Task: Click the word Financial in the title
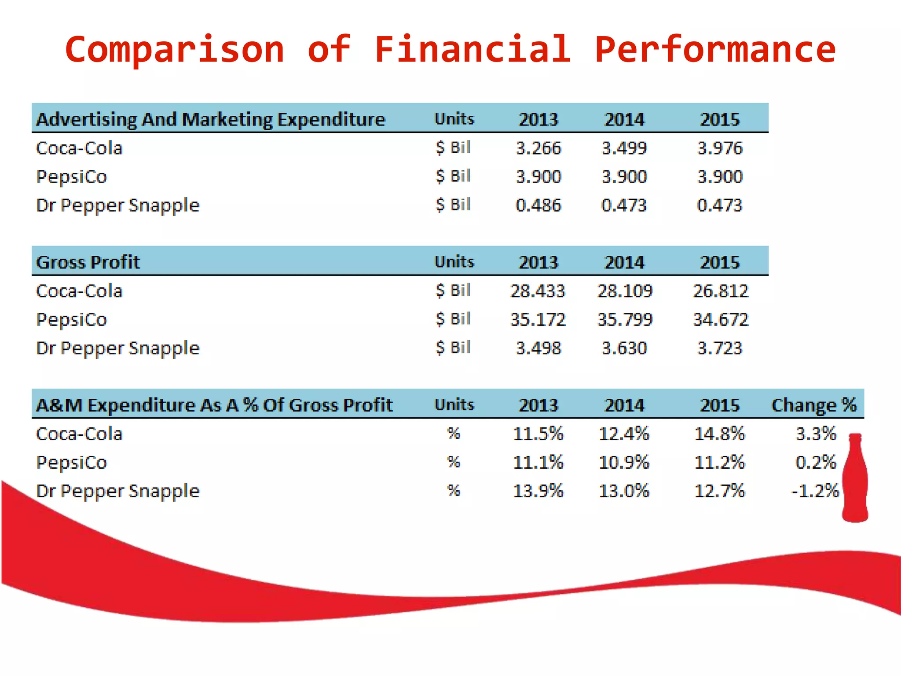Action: click(x=472, y=49)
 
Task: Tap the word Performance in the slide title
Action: click(x=715, y=49)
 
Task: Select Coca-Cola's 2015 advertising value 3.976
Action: click(x=720, y=148)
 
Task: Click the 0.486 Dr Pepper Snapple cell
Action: click(x=538, y=205)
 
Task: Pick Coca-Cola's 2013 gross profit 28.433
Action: click(x=537, y=291)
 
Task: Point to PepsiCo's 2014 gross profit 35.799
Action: click(x=624, y=320)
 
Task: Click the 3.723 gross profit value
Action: click(x=720, y=348)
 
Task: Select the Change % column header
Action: click(x=814, y=405)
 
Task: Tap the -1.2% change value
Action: click(x=815, y=491)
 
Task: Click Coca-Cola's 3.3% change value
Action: click(x=816, y=434)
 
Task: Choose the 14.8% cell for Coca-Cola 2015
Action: click(x=719, y=434)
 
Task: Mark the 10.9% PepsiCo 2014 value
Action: click(x=624, y=462)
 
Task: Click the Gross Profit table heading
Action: click(x=88, y=262)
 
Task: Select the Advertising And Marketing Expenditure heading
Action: click(x=210, y=119)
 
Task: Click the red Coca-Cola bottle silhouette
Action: click(x=855, y=480)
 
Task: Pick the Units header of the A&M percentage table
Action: click(x=454, y=405)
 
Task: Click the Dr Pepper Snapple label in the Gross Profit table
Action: click(x=117, y=348)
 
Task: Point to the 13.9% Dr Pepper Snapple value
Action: click(x=538, y=491)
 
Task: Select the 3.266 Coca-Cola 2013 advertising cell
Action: click(x=538, y=148)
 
